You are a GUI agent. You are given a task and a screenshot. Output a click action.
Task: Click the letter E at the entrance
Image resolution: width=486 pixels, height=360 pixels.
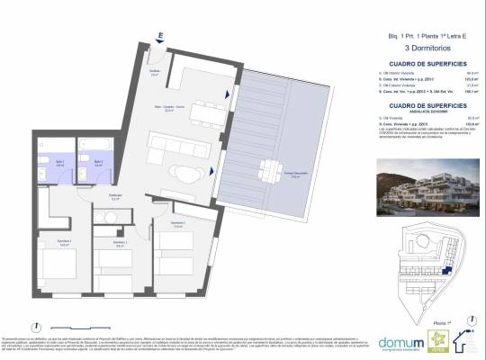[x=159, y=36]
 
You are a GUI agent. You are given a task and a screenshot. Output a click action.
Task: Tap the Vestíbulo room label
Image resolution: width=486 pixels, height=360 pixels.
[x=155, y=74]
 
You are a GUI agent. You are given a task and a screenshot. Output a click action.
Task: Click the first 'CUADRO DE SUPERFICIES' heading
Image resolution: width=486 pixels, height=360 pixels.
[x=414, y=64]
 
